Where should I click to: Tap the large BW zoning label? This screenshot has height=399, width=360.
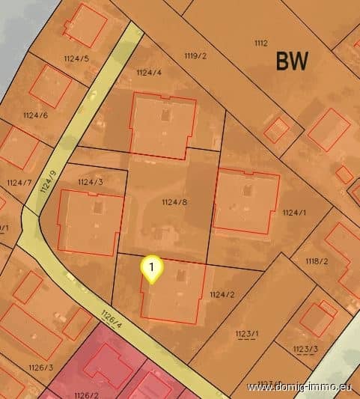[292, 61]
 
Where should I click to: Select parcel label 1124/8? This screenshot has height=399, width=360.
[174, 202]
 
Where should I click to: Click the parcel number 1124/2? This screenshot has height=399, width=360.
[222, 294]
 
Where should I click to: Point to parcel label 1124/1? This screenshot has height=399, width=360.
[295, 213]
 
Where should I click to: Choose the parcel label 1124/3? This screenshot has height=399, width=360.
[90, 182]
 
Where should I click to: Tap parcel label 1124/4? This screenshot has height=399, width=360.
[149, 72]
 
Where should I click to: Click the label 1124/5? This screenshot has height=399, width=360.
[76, 58]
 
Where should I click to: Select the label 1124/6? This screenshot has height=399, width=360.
[35, 115]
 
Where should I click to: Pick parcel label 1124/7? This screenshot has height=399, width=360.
[19, 183]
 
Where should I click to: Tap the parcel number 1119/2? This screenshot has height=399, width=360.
[195, 55]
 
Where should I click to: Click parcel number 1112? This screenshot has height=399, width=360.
[260, 43]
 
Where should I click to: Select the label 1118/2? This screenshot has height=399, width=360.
[317, 261]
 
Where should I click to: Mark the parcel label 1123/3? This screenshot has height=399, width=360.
[305, 349]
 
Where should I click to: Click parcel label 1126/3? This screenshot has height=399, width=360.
[40, 367]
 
